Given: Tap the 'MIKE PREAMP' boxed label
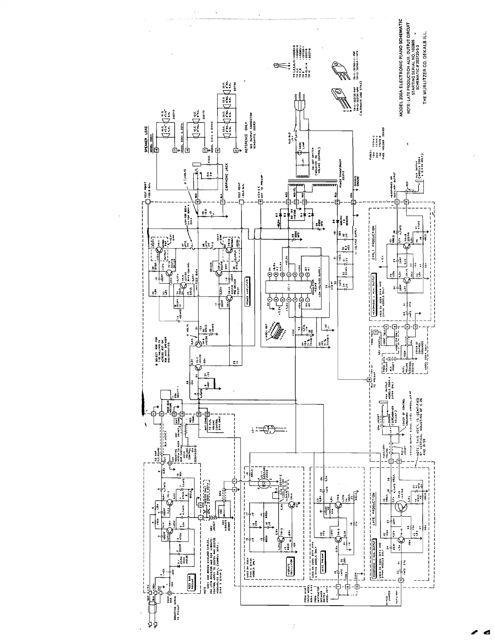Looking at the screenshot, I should point(323,557).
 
